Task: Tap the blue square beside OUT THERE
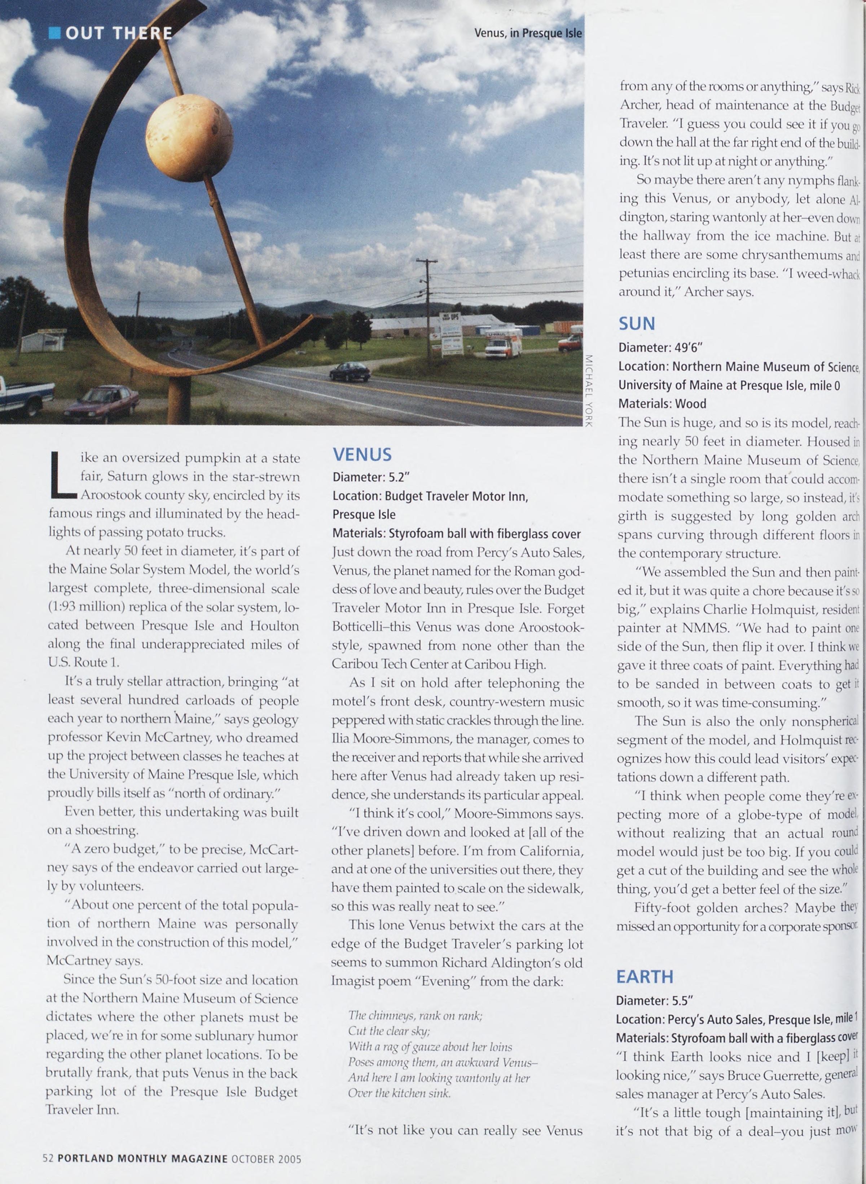click(54, 34)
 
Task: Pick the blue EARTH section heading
click(644, 977)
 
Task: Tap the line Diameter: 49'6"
click(660, 347)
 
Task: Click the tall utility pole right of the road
click(428, 309)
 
